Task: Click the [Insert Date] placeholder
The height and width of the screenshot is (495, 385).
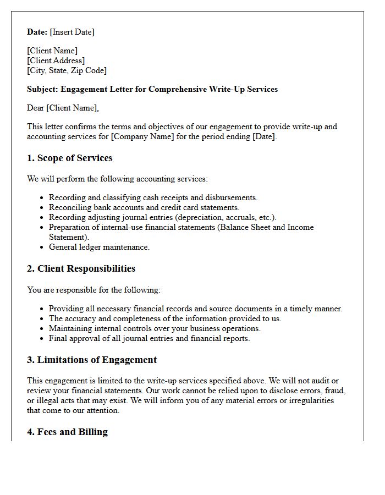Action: (x=72, y=32)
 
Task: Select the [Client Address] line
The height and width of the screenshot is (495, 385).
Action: (x=56, y=61)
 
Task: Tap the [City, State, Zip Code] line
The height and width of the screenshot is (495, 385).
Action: (x=67, y=70)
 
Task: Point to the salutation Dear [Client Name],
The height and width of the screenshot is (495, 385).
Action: (x=63, y=108)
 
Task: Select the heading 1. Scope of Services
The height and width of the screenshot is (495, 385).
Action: (x=70, y=158)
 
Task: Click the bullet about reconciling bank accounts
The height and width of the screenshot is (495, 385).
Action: (x=144, y=207)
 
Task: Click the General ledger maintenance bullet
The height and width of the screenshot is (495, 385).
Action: (x=99, y=247)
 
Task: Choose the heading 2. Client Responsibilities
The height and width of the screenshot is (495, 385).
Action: (x=81, y=269)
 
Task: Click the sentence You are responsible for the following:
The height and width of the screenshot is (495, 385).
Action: (x=94, y=289)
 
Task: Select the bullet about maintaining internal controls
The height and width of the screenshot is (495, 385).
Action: (x=155, y=328)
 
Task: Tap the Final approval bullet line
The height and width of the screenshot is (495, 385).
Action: (x=149, y=338)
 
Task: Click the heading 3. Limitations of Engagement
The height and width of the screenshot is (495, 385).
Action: (x=92, y=360)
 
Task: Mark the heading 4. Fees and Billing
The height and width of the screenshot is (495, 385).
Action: (x=67, y=432)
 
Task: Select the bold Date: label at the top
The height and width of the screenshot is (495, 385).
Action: (x=37, y=32)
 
